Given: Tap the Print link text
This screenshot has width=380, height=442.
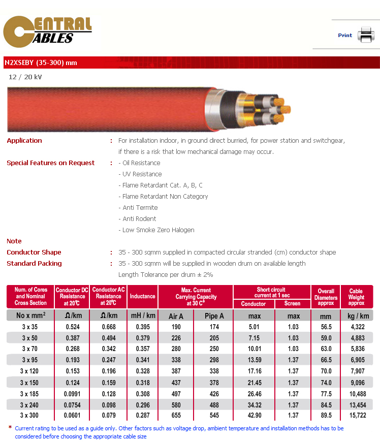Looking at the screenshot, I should (345, 36).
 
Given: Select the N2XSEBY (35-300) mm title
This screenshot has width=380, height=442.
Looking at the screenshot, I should (41, 62).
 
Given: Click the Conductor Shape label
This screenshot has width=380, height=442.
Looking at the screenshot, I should (34, 252).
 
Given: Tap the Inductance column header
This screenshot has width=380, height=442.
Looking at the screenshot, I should (142, 296).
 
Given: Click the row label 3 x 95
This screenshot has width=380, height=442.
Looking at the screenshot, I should (30, 360).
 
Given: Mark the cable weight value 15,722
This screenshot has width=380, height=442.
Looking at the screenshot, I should (356, 416).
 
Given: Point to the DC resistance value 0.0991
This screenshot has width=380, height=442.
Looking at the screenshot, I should (72, 393).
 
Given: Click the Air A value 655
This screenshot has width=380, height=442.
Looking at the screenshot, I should (176, 416).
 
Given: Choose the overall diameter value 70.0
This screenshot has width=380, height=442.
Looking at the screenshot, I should (326, 371).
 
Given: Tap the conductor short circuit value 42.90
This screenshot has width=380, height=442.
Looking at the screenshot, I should (254, 416).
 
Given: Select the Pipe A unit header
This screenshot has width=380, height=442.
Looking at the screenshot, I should (214, 315).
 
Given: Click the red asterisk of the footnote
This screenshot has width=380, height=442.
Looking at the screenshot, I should (10, 428).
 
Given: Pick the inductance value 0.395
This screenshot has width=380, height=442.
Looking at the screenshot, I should (142, 327).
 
